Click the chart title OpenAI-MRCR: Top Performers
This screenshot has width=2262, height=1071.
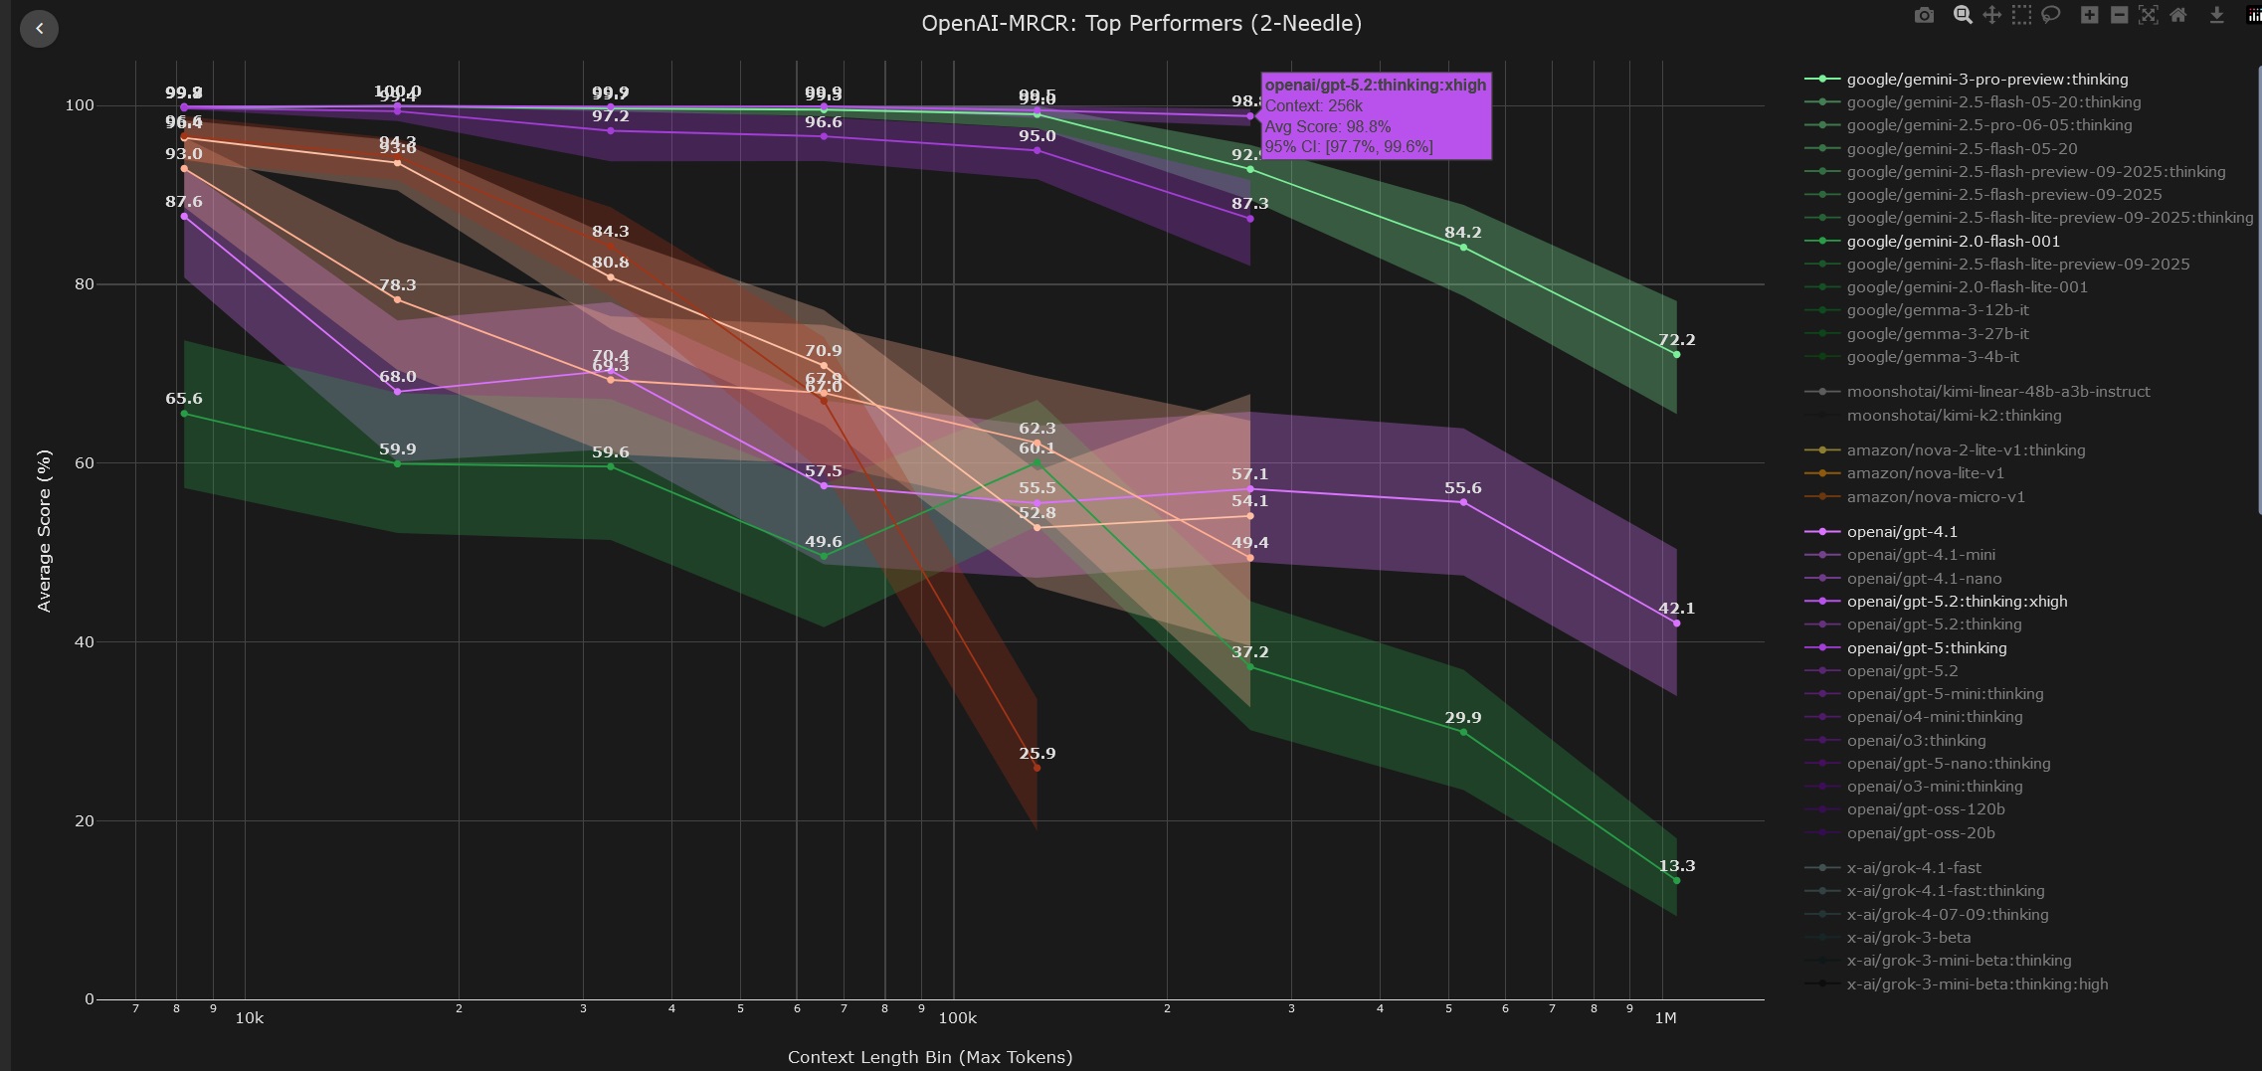(x=1141, y=23)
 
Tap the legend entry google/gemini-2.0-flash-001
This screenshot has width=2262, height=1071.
(x=1953, y=242)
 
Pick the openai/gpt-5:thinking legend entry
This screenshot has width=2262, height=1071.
(x=1926, y=648)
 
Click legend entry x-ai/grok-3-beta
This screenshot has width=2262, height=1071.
(x=1908, y=938)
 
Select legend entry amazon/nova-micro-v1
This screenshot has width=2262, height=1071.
(x=1935, y=497)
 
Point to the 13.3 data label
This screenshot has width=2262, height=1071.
(x=1676, y=866)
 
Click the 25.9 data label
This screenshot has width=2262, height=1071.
(x=1037, y=754)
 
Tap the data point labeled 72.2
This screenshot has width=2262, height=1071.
(x=1676, y=355)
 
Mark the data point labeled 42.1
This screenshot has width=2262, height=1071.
(x=1676, y=624)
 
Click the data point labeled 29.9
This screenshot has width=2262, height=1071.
(x=1463, y=733)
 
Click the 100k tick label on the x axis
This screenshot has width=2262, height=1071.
(x=957, y=1018)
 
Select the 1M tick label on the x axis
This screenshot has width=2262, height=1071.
(x=1665, y=1018)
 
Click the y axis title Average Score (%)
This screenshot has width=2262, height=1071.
(x=44, y=530)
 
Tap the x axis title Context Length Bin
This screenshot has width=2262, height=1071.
(x=929, y=1057)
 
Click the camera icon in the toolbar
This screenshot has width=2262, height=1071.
(x=1924, y=15)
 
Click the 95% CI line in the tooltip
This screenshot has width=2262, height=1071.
(x=1348, y=147)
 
